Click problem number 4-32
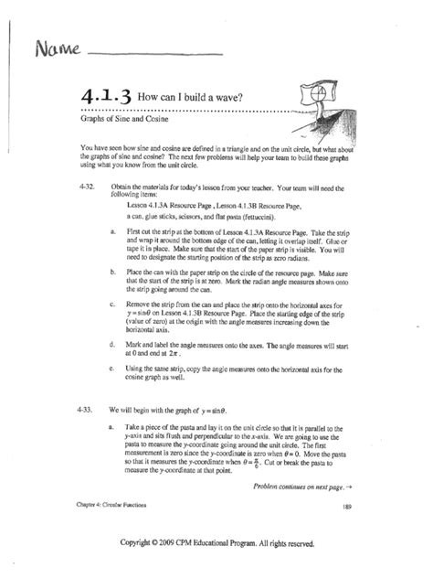click(79, 185)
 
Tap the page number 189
click(347, 507)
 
